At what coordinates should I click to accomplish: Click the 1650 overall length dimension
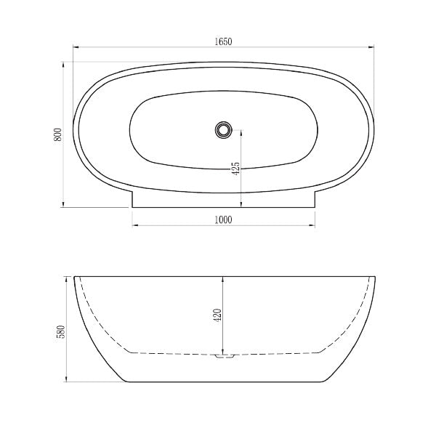click(224, 42)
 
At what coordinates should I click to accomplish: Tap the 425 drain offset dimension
click(235, 169)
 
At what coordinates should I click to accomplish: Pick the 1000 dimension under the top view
click(224, 220)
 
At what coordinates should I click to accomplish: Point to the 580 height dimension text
click(61, 331)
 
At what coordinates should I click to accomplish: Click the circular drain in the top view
click(222, 130)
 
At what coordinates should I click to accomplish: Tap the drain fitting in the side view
click(224, 356)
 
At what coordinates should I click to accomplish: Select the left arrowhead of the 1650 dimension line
click(76, 48)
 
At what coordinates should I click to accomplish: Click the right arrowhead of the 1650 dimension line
click(374, 48)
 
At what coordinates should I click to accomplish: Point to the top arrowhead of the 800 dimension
click(66, 63)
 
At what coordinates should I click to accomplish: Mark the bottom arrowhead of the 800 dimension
click(66, 206)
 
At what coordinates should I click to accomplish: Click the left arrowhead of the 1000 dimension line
click(134, 226)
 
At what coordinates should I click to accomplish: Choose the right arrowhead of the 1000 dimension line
click(313, 226)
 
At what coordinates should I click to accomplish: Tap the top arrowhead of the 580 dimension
click(68, 278)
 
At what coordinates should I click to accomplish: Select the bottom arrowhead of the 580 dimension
click(68, 381)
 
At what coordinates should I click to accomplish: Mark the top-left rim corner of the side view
click(74, 276)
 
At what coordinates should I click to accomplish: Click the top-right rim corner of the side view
click(376, 276)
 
